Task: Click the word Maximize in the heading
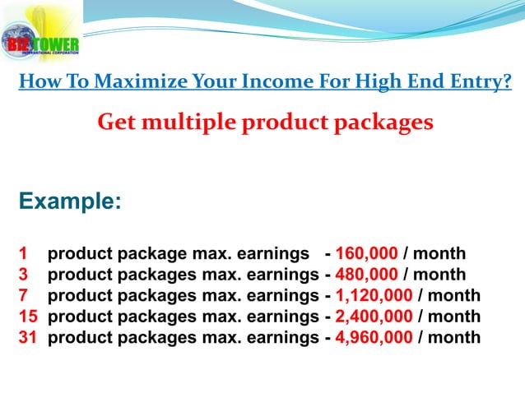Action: coord(135,82)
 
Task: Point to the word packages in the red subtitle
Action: coord(381,123)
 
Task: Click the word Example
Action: coord(69,201)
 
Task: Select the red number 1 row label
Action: coord(23,253)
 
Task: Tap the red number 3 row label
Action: coord(23,274)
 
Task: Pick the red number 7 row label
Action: coord(23,295)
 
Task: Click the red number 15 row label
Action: coord(27,316)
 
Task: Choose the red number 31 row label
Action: coord(27,337)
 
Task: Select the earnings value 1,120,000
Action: coord(374,295)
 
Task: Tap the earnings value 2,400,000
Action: coord(374,316)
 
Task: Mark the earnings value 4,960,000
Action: coord(374,337)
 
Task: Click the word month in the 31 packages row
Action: coord(454,337)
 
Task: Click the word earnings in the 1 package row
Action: coord(272,253)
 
